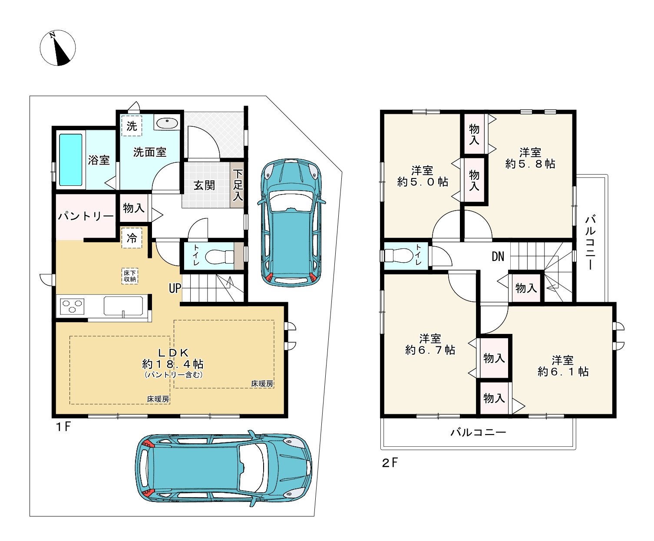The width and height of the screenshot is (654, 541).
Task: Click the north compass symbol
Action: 58,48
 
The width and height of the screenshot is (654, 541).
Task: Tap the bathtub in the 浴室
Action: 71,160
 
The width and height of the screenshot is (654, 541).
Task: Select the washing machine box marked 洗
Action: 132,125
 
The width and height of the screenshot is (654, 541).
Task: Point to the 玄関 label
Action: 204,185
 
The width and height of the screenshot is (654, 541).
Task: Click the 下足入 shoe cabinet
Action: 237,185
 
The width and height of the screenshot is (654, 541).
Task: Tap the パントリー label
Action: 86,216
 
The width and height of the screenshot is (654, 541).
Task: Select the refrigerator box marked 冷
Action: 132,238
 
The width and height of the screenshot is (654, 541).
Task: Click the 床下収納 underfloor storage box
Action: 130,276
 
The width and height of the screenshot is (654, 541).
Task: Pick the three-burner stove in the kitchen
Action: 72,307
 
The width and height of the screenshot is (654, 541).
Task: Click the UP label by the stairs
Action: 175,288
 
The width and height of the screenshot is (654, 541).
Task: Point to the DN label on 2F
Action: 498,257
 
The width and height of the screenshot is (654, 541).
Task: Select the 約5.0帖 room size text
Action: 423,181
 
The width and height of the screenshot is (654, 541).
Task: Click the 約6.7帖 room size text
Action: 430,350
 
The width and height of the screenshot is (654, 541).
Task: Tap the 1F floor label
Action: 63,427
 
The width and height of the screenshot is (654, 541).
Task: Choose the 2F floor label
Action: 390,463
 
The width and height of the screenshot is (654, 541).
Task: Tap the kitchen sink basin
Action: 123,305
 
